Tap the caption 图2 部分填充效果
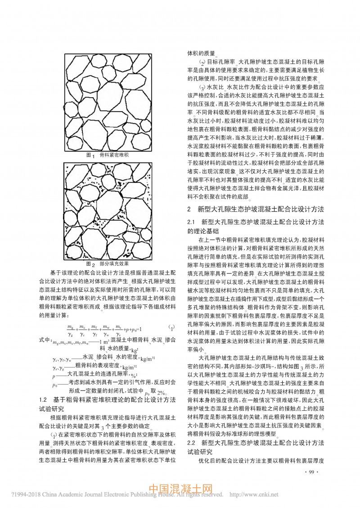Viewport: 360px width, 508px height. click(x=107, y=264)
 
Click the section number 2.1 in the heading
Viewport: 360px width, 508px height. click(x=192, y=222)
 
